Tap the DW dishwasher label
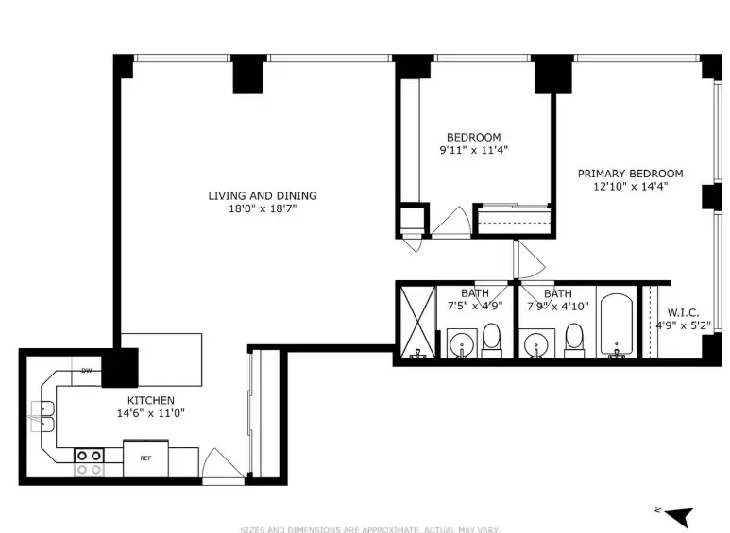86,370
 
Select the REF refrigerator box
145,458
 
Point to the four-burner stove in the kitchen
90,461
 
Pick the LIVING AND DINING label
263,196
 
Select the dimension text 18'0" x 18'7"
263,209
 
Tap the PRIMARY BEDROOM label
630,174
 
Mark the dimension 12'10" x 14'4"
630,187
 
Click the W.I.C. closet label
683,312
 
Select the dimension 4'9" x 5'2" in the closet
683,325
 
